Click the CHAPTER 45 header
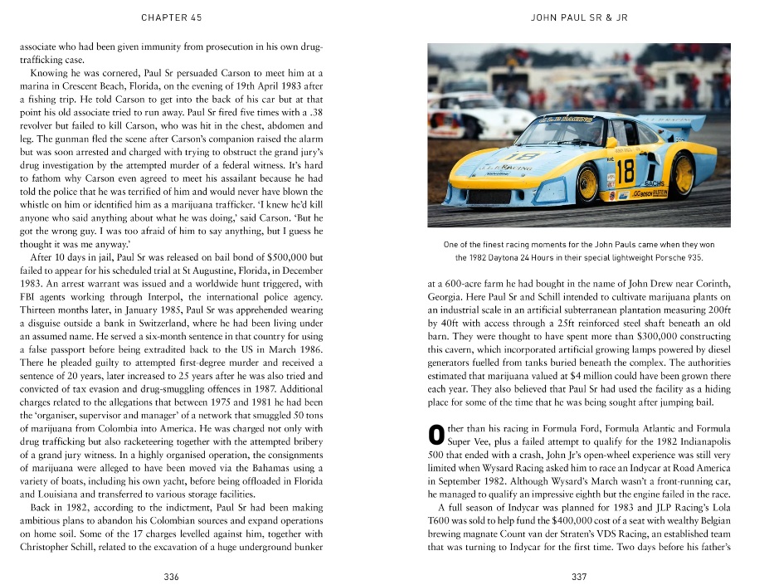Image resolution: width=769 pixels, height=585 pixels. point(171,17)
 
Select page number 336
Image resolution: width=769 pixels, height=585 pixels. point(172,575)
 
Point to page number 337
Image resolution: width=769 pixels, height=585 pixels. point(579,575)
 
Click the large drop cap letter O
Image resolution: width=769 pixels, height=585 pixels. point(435,434)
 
